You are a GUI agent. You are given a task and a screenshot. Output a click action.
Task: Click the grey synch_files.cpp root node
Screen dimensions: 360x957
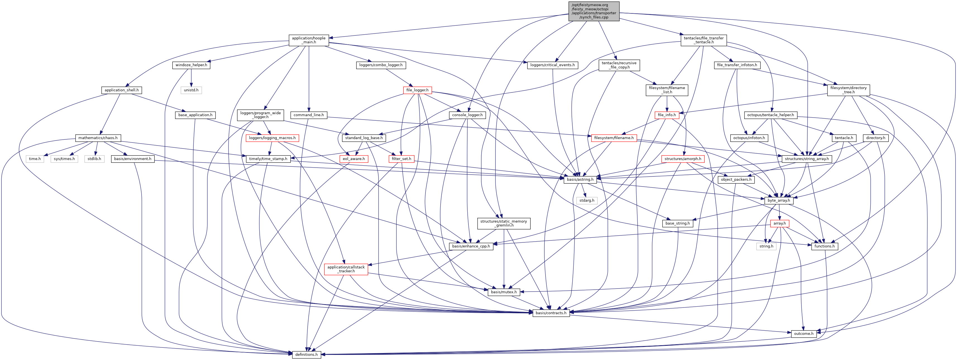(x=594, y=11)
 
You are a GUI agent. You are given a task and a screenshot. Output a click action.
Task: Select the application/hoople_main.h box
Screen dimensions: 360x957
(x=308, y=40)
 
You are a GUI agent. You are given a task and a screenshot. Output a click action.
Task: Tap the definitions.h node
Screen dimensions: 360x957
(x=306, y=354)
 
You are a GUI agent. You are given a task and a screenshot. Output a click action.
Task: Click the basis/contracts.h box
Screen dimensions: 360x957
(x=551, y=313)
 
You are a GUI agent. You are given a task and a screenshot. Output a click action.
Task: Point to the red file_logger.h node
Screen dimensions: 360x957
(x=417, y=90)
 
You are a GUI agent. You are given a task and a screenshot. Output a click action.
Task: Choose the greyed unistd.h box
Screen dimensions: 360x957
(x=191, y=90)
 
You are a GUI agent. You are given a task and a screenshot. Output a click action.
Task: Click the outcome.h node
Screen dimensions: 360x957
(x=803, y=334)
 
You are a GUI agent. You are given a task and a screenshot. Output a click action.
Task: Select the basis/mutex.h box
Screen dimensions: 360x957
(x=503, y=292)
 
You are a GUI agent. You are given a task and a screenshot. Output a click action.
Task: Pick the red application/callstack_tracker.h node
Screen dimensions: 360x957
(x=346, y=269)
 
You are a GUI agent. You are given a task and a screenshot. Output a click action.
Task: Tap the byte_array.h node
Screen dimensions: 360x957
(x=779, y=200)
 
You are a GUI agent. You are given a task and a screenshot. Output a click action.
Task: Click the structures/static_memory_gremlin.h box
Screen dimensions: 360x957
(x=503, y=223)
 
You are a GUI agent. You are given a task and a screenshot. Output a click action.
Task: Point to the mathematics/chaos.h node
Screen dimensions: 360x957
(x=98, y=138)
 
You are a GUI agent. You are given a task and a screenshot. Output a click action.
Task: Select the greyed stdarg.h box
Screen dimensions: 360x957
(x=587, y=200)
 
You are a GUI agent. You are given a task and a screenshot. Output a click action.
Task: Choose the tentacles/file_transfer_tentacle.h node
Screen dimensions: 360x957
(x=704, y=40)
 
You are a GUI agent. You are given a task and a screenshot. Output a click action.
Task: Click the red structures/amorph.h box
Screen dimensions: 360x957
(x=683, y=159)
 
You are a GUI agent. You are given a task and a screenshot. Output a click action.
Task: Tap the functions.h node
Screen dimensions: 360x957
(x=824, y=246)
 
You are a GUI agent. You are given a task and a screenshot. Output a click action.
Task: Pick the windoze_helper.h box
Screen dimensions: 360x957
(x=191, y=65)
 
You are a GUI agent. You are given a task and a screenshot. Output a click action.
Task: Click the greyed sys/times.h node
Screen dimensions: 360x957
(x=64, y=159)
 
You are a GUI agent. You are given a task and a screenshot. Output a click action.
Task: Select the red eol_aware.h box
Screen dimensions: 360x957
(x=353, y=159)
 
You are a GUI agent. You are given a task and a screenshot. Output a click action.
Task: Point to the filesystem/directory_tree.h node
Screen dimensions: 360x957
(x=848, y=90)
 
